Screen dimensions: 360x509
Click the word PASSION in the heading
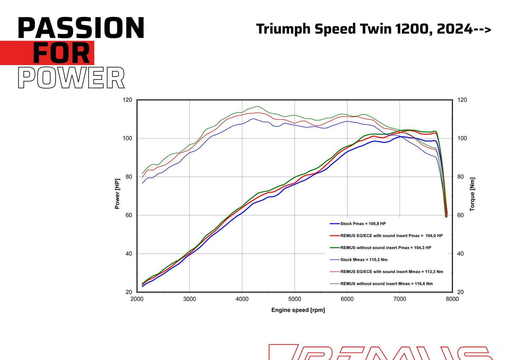81,28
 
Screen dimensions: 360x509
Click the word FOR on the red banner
61,53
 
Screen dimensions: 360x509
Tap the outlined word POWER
71,78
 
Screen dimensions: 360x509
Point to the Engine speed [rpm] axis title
298,310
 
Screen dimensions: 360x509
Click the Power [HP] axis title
117,194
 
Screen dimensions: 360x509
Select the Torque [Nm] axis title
472,194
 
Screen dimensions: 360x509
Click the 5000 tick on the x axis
294,299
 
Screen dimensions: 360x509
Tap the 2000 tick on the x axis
137,299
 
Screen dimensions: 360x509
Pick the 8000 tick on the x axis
452,299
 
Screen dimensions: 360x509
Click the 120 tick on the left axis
128,100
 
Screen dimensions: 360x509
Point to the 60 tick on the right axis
460,215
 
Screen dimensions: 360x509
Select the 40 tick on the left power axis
129,254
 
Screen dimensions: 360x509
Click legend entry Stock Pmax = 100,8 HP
363,224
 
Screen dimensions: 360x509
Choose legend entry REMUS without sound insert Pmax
385,248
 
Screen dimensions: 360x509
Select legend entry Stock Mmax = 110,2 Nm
364,260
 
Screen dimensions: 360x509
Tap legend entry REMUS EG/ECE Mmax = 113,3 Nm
391,272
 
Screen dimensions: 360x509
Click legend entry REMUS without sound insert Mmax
386,284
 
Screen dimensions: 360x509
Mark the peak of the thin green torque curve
257,106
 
